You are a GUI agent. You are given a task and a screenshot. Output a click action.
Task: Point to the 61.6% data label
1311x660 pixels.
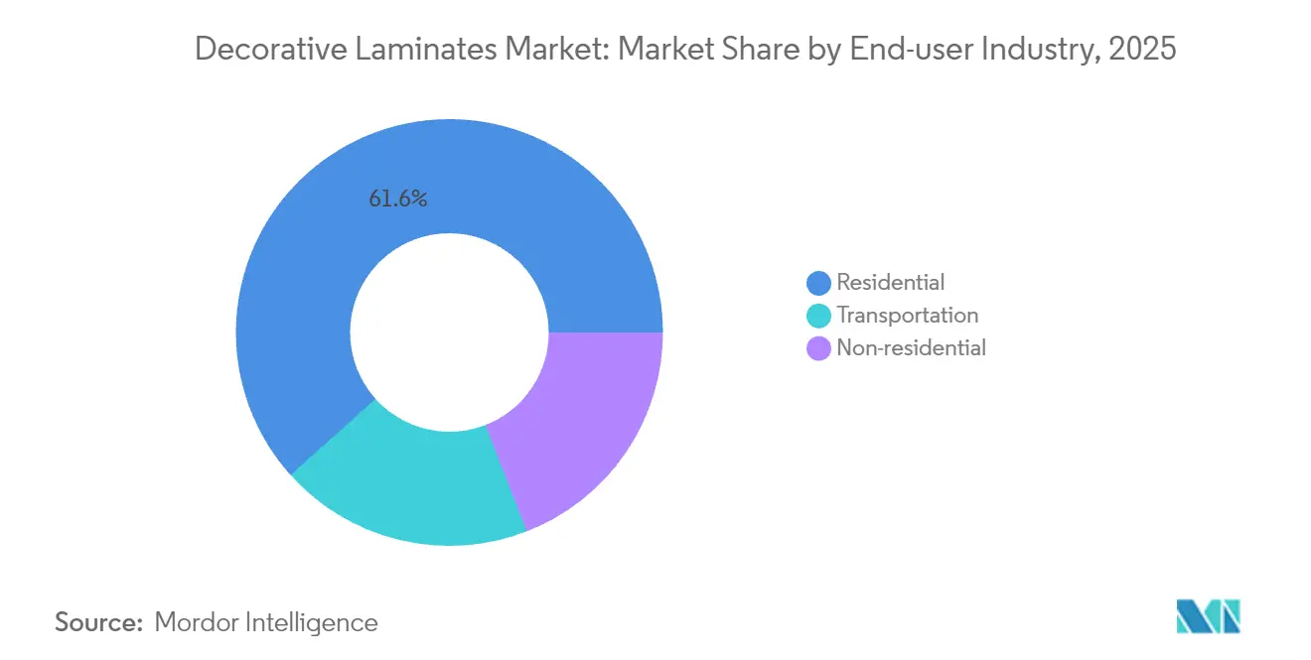[397, 199]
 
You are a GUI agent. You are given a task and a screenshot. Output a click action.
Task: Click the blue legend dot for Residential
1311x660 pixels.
[818, 283]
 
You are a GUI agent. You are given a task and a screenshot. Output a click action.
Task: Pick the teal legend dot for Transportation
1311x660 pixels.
[818, 316]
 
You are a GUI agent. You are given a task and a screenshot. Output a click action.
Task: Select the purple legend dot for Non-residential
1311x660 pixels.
[818, 348]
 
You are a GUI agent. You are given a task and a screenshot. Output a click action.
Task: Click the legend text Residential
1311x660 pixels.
[890, 283]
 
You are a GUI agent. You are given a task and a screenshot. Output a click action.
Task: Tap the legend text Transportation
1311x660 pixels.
[907, 316]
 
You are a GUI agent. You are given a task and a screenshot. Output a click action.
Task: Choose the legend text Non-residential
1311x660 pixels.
[911, 348]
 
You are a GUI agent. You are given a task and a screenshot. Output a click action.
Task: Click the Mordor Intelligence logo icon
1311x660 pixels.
[1208, 616]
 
